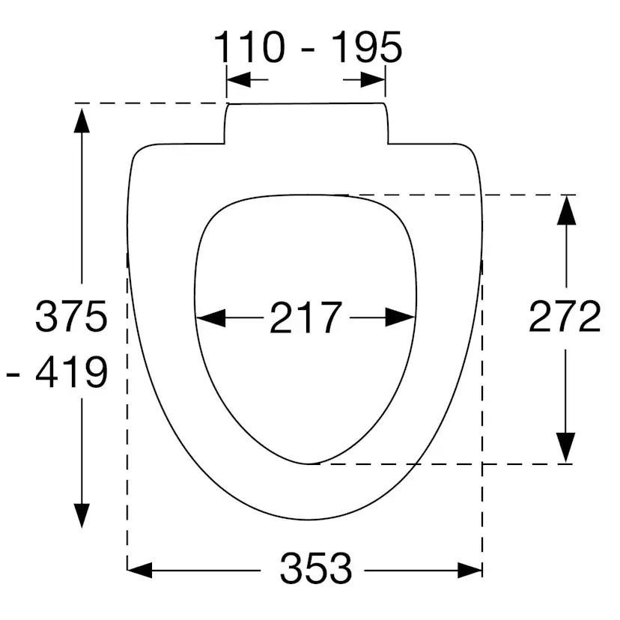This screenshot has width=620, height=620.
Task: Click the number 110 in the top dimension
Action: pyautogui.click(x=250, y=47)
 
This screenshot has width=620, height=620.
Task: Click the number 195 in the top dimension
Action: pyautogui.click(x=366, y=47)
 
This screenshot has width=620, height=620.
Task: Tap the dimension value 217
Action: pyautogui.click(x=306, y=317)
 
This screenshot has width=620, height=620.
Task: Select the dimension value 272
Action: pyautogui.click(x=565, y=317)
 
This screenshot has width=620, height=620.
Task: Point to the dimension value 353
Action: pyautogui.click(x=316, y=569)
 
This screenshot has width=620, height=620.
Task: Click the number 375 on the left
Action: pyautogui.click(x=72, y=317)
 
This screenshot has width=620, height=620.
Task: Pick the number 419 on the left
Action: pyautogui.click(x=72, y=372)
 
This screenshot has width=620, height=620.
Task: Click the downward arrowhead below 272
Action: pyautogui.click(x=567, y=447)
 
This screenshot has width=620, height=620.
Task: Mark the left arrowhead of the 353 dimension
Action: pyautogui.click(x=141, y=570)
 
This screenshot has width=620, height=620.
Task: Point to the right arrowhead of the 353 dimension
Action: pyautogui.click(x=469, y=570)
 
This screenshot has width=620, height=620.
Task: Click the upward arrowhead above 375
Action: pyautogui.click(x=82, y=120)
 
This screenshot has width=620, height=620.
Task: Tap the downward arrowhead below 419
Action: pyautogui.click(x=82, y=514)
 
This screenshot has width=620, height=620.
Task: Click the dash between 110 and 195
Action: pyautogui.click(x=308, y=49)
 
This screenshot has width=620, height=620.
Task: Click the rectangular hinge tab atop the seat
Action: pyautogui.click(x=306, y=122)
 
